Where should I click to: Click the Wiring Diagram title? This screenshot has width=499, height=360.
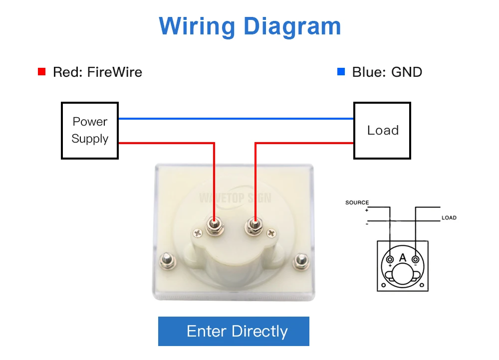point(249,26)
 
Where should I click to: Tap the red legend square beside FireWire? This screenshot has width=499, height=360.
point(42,72)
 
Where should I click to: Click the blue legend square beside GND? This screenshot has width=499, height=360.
point(341,72)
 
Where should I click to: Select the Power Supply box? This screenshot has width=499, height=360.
point(90,131)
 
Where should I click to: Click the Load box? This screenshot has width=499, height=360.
point(382,131)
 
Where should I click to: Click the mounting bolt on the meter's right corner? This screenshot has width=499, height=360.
point(301,260)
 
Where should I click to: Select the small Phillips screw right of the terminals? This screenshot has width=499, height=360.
point(271,233)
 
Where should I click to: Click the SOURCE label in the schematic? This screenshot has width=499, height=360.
point(357,202)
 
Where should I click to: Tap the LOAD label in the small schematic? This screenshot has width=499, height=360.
point(449,218)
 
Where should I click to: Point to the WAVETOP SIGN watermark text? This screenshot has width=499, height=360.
point(235,198)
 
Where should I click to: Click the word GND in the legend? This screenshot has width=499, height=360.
point(407,72)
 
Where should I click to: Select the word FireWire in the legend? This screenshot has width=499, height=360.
point(115,72)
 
